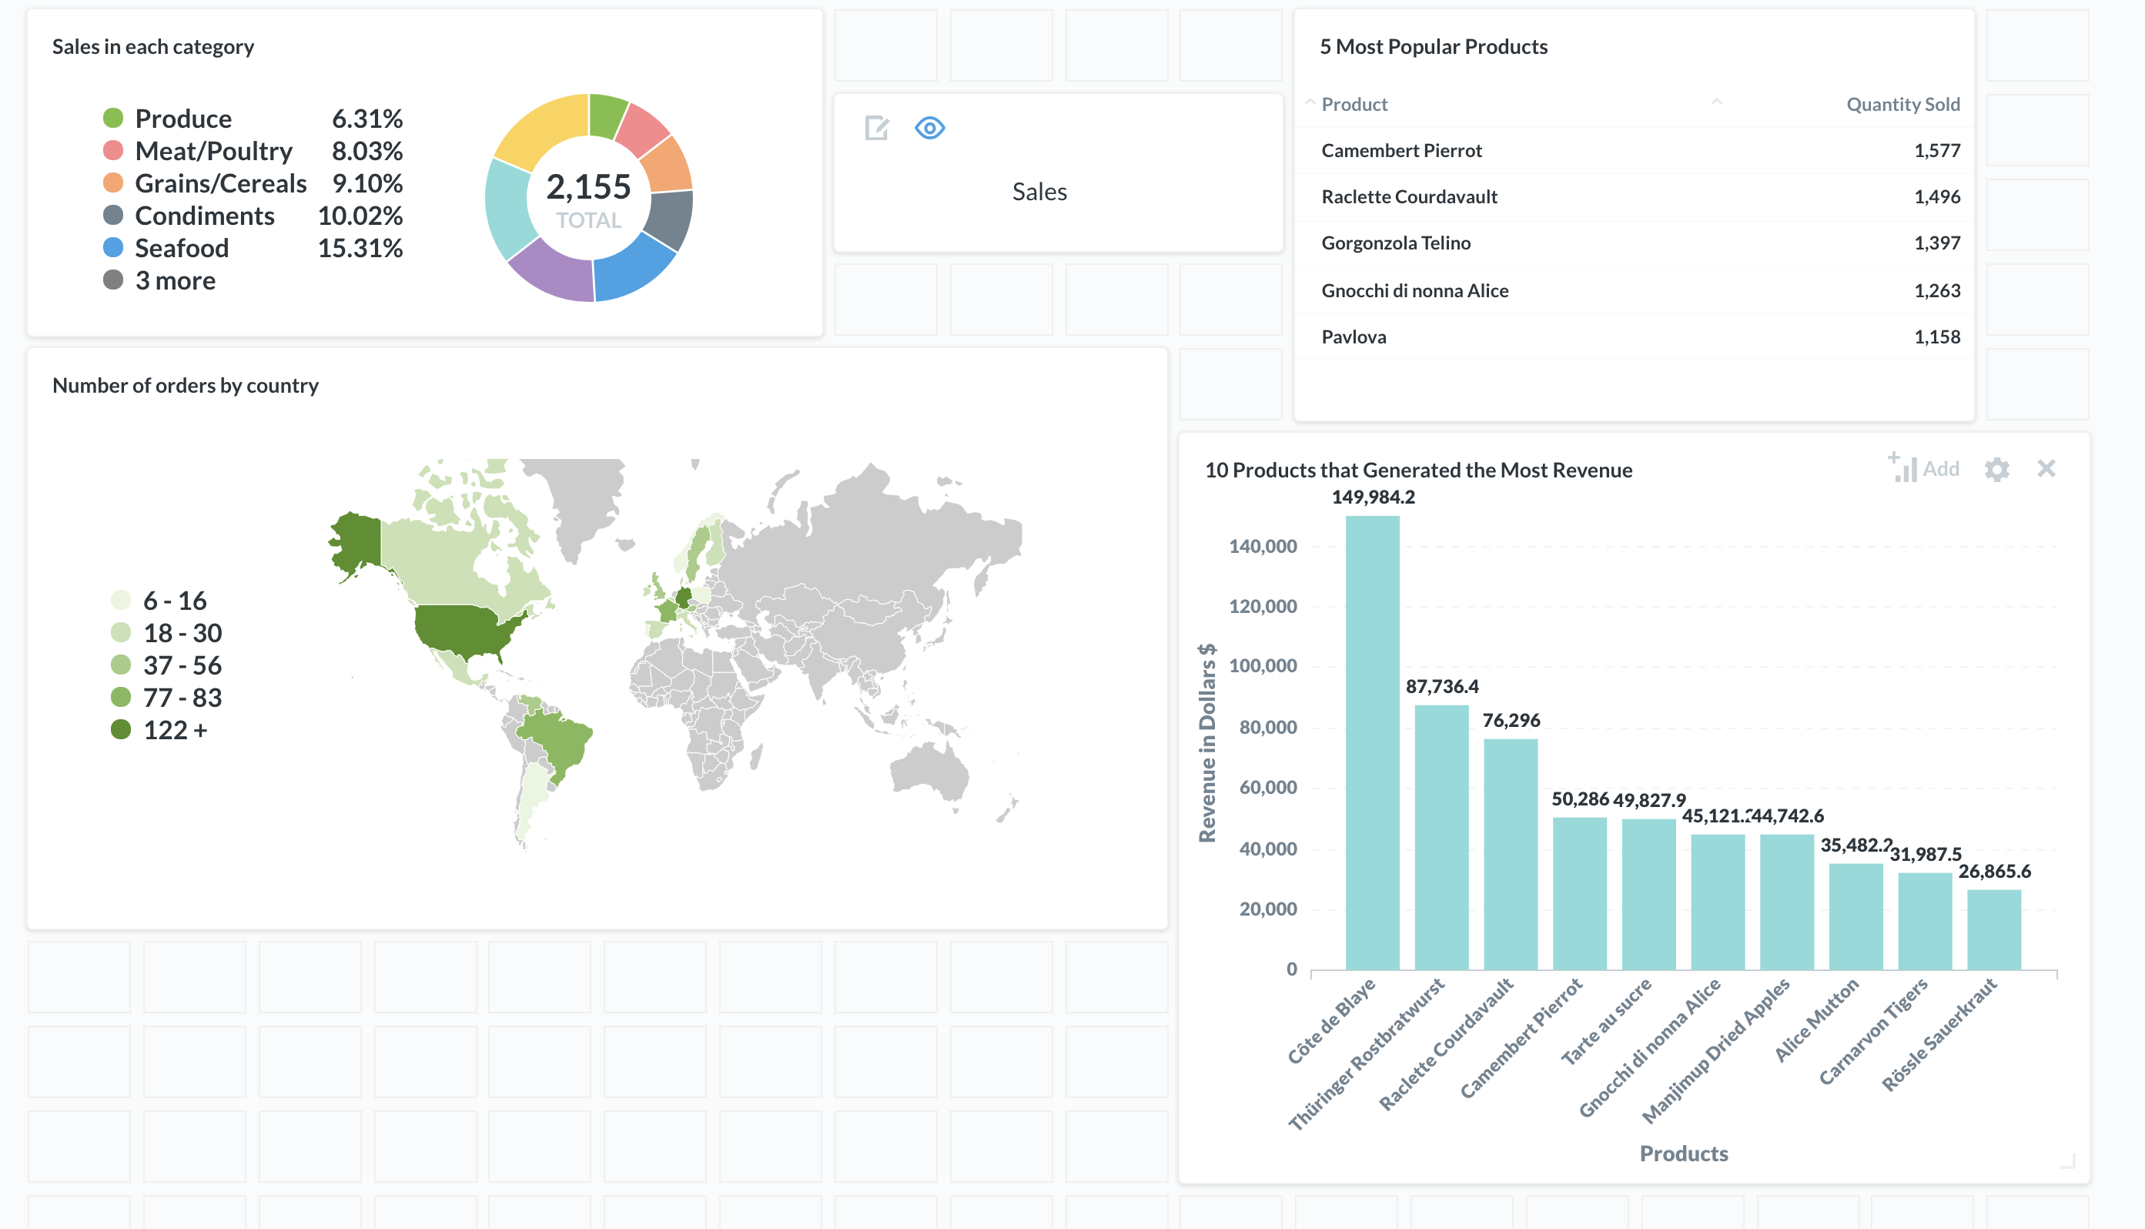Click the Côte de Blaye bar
pyautogui.click(x=1372, y=743)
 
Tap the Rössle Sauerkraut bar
pyautogui.click(x=1993, y=929)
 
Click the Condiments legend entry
pyautogui.click(x=204, y=216)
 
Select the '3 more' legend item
pyautogui.click(x=175, y=280)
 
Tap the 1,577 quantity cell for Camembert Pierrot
pyautogui.click(x=1936, y=150)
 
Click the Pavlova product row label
pyautogui.click(x=1354, y=337)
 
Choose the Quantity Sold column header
pyautogui.click(x=1902, y=104)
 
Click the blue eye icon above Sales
pyautogui.click(x=929, y=129)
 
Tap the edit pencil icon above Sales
pyautogui.click(x=877, y=129)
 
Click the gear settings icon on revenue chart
pyautogui.click(x=1996, y=469)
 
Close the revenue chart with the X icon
pyautogui.click(x=2046, y=468)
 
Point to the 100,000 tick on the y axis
pyautogui.click(x=1263, y=666)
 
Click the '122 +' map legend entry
pyautogui.click(x=175, y=730)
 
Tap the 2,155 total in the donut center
pyautogui.click(x=588, y=187)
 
